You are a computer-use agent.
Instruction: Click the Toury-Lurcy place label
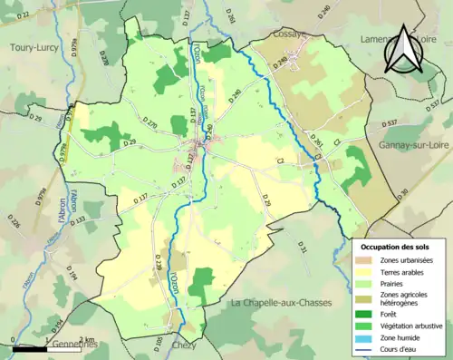34,46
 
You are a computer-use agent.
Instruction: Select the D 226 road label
14,222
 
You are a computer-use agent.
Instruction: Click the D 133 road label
80,220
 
